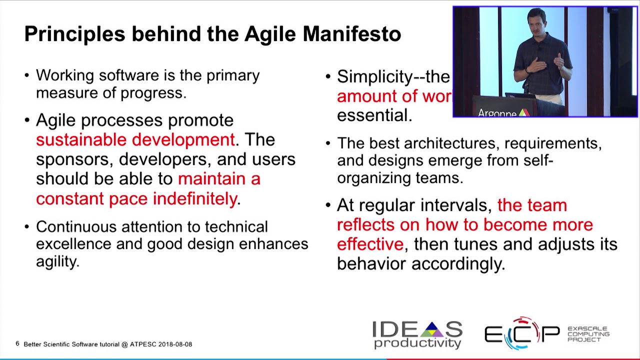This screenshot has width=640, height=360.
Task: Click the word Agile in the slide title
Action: point(271,34)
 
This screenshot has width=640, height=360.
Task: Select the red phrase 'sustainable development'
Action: point(135,139)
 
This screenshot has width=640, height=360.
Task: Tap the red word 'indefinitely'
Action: point(195,198)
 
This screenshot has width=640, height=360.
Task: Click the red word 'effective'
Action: point(369,244)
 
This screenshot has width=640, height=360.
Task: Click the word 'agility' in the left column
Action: point(57,260)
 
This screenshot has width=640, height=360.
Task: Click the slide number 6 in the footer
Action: point(17,344)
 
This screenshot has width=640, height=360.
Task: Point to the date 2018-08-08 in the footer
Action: point(175,344)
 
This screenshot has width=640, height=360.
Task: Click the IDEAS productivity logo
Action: point(417,334)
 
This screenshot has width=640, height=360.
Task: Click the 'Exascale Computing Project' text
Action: point(588,334)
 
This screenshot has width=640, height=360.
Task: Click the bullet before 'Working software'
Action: point(27,75)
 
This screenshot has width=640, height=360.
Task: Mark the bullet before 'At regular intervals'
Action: point(328,205)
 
